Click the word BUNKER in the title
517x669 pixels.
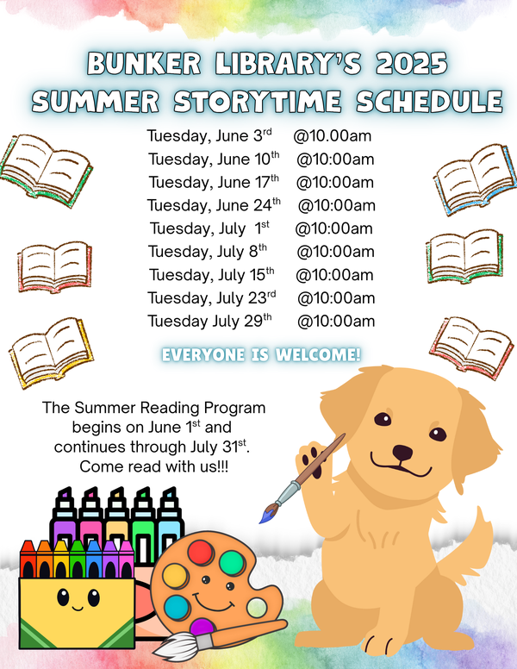(144, 64)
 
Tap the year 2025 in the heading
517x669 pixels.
(412, 64)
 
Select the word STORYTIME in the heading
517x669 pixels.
(258, 102)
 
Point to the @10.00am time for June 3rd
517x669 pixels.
(332, 136)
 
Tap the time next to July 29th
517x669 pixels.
(336, 321)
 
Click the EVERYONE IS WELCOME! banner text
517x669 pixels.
(261, 355)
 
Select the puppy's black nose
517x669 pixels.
(402, 453)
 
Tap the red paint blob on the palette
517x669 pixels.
(200, 552)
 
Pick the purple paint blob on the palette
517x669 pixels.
(202, 627)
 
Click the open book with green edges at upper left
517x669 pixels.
(46, 170)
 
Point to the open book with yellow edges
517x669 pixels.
(51, 353)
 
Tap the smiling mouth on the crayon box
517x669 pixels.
(78, 608)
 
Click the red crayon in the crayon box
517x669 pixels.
(28, 559)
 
